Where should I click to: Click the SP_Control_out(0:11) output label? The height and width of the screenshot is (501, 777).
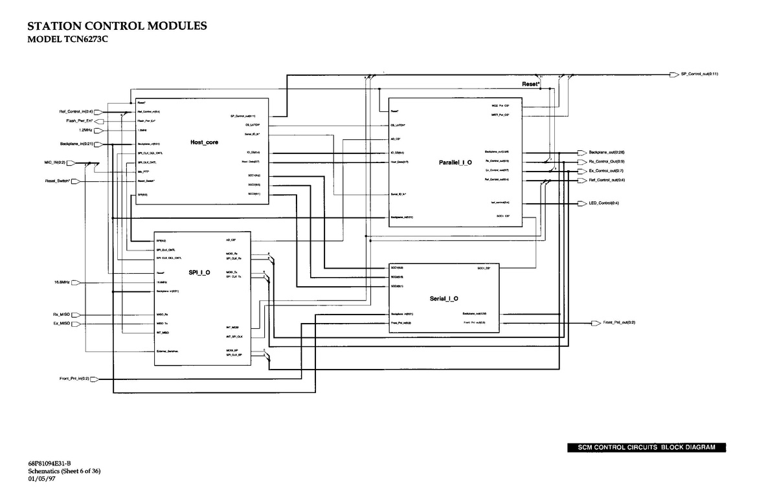coord(699,74)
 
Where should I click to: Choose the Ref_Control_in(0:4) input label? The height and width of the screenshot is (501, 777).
coord(76,112)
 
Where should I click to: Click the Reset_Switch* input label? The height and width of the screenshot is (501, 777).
coord(57,181)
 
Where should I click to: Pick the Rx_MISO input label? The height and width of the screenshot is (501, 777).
coord(61,315)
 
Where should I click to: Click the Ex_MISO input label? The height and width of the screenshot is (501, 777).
coord(61,322)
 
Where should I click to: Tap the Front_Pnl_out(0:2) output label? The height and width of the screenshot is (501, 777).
coord(619,322)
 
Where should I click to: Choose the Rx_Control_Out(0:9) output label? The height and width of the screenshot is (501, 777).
coord(607,161)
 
